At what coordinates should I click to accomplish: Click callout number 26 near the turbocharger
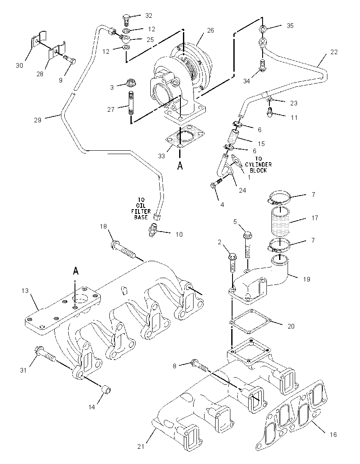pos(210,30)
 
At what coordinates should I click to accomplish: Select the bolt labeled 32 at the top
pos(126,19)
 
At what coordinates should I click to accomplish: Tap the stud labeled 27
pos(130,104)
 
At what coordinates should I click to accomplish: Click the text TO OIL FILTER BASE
pos(141,209)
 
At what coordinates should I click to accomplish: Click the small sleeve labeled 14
pos(106,390)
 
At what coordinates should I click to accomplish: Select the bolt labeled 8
pos(200,365)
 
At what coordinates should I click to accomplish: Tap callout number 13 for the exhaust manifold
pos(25,290)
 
